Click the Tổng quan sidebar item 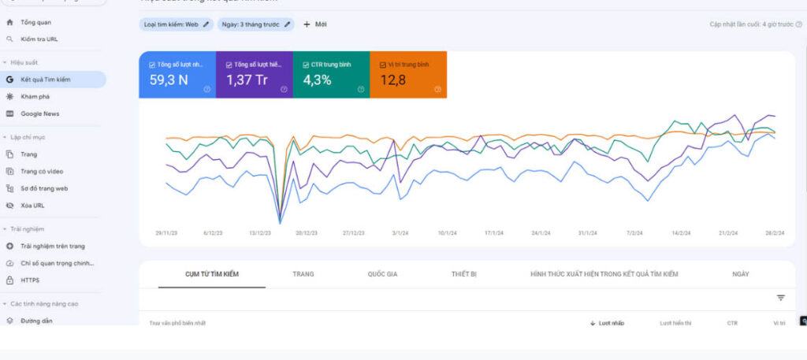(x=35, y=22)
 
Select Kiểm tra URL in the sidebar (x=39, y=39)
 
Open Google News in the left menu (x=39, y=113)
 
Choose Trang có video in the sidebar (x=42, y=171)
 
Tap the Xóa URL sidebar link (x=32, y=205)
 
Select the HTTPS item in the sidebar (x=30, y=280)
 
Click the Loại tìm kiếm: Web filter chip (x=177, y=24)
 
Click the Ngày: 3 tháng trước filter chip (x=255, y=24)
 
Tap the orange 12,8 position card (x=407, y=75)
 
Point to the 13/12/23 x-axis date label (x=259, y=233)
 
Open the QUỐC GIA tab (x=382, y=274)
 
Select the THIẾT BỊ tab (x=464, y=274)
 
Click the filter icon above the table (x=780, y=298)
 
